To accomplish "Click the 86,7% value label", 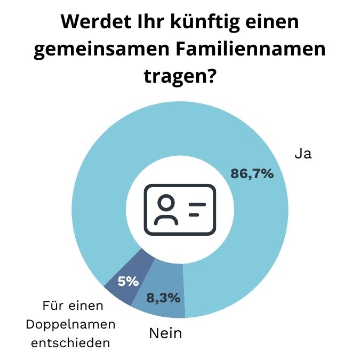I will coord(252,173).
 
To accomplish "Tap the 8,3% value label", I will coord(163,298).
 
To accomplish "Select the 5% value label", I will coord(128,281).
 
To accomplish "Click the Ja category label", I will coord(303,154).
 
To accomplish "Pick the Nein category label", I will coord(165,334).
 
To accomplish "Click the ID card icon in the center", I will coord(180,209).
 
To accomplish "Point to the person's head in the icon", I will coord(166,203).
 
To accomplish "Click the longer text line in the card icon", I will coord(197,204).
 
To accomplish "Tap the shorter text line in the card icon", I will coord(194,214).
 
